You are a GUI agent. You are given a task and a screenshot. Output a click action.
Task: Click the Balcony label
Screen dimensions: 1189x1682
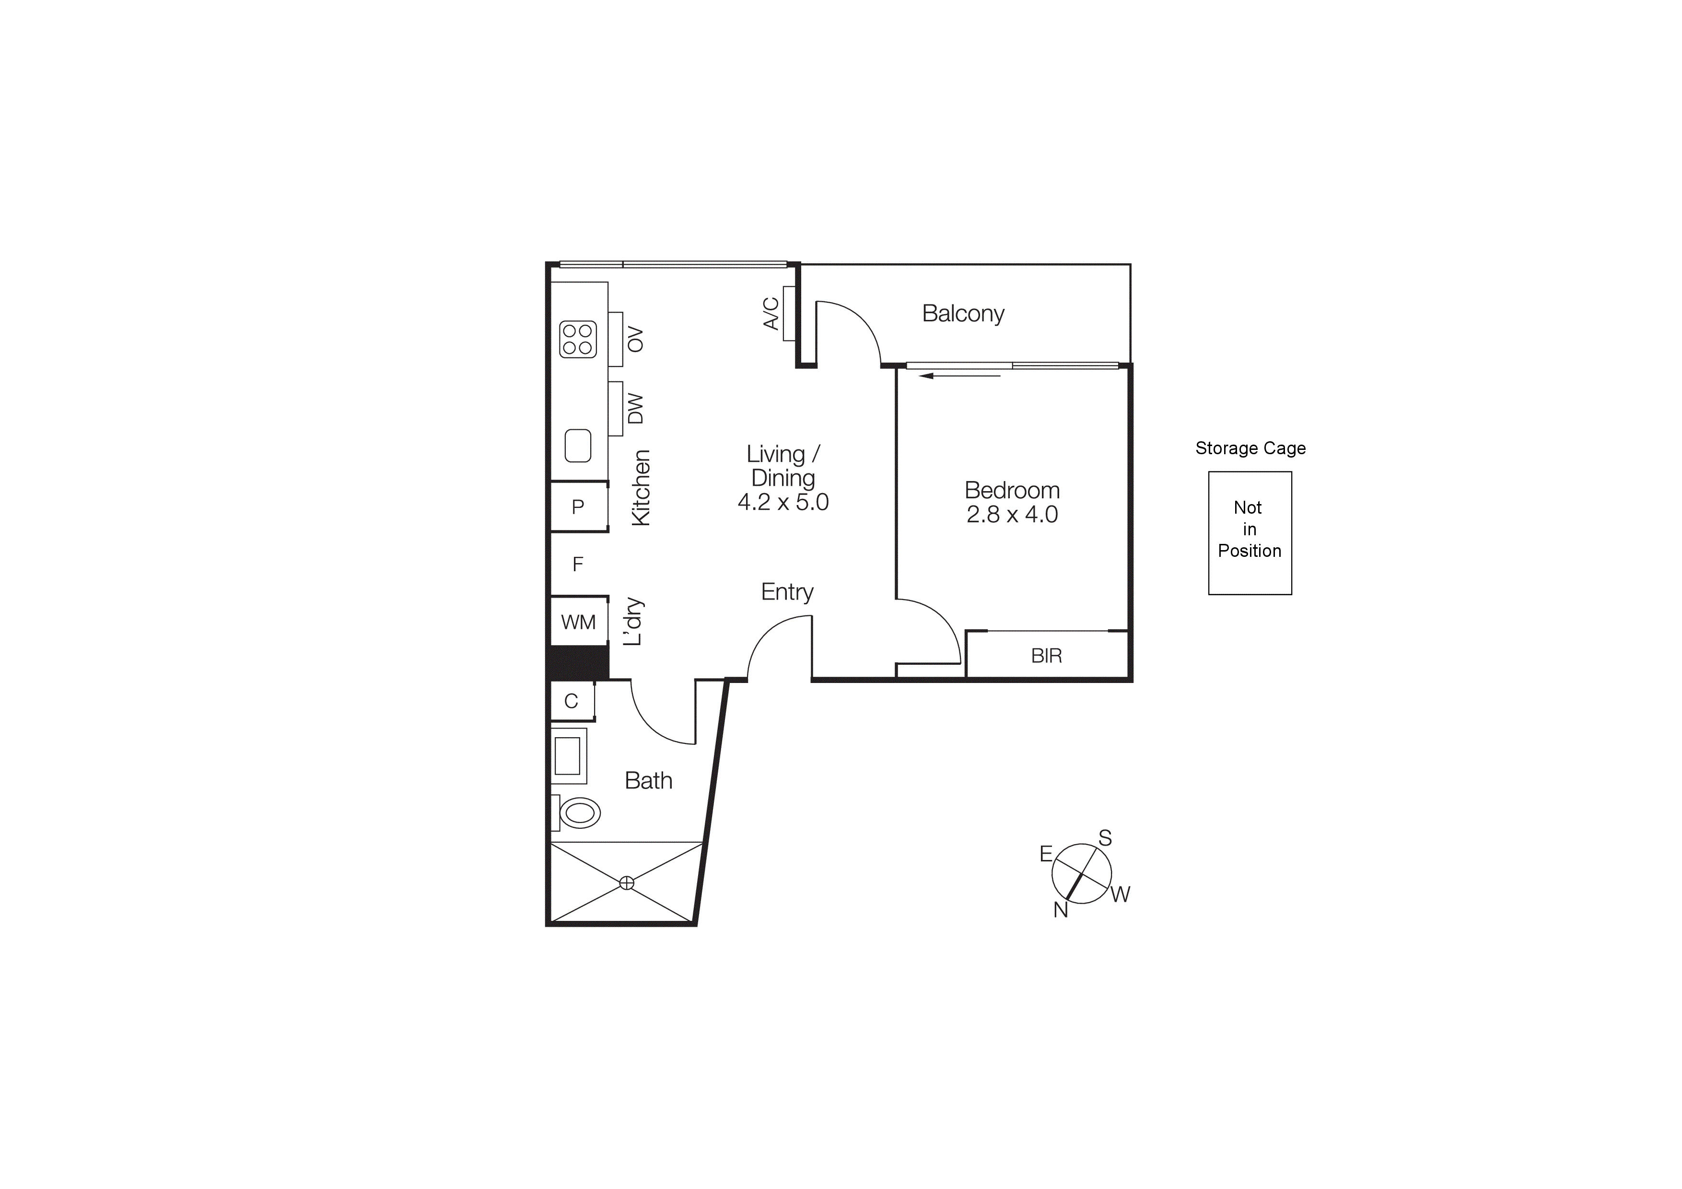pos(963,314)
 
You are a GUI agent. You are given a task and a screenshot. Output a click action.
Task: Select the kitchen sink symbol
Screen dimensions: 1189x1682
pos(578,446)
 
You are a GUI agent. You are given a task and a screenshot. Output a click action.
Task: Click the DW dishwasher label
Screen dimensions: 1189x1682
pos(635,409)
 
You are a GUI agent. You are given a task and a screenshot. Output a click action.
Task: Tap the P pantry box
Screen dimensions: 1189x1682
pos(578,506)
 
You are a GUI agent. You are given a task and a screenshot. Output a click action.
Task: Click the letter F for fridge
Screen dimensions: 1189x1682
pos(578,564)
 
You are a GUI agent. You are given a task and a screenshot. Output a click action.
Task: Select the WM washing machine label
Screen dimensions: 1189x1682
pos(578,622)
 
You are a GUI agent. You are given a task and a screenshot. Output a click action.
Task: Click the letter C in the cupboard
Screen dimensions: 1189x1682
pos(572,701)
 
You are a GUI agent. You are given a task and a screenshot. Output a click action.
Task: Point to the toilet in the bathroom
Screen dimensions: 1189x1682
pos(580,812)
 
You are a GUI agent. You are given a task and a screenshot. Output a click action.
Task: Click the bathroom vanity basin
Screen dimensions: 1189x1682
pos(568,756)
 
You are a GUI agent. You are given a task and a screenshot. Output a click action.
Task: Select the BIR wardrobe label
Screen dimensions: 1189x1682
pos(1046,656)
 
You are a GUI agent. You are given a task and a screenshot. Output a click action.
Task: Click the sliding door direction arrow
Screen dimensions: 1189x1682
pos(960,376)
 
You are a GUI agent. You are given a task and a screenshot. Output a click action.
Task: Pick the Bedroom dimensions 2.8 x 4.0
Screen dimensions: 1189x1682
pos(1012,514)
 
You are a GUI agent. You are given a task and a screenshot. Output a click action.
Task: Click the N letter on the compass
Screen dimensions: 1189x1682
pos(1061,910)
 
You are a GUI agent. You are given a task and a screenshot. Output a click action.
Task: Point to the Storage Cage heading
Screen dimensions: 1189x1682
pos(1250,448)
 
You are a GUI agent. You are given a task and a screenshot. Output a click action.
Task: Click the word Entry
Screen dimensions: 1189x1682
pos(787,592)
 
